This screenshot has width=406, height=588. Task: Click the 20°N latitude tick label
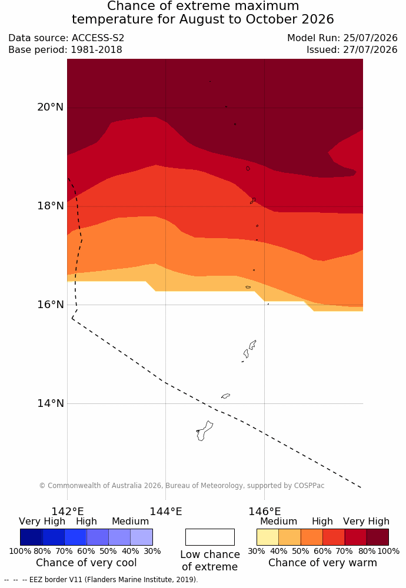[50, 107]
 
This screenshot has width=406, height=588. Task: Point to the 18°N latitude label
[50, 206]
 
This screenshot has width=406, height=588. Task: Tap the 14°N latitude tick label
[50, 403]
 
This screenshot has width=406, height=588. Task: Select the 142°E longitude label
[68, 512]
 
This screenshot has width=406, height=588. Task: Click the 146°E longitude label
[265, 512]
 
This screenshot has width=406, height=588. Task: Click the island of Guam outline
[205, 431]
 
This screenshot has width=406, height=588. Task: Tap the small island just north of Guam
[225, 396]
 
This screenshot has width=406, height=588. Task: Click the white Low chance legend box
[209, 537]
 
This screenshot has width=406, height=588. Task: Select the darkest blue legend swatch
[31, 537]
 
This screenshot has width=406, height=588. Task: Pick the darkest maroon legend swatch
[378, 537]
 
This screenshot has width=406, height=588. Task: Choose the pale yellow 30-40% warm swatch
[268, 537]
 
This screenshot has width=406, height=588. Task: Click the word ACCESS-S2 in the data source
[98, 38]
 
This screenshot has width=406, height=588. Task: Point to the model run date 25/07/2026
[370, 38]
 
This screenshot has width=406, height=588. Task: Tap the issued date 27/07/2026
[370, 49]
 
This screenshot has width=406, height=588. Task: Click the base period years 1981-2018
[97, 49]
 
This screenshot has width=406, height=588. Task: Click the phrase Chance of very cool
[86, 563]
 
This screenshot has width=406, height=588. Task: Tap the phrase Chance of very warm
[322, 563]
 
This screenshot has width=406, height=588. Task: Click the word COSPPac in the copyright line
[309, 486]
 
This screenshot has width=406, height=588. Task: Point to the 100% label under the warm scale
[388, 552]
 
